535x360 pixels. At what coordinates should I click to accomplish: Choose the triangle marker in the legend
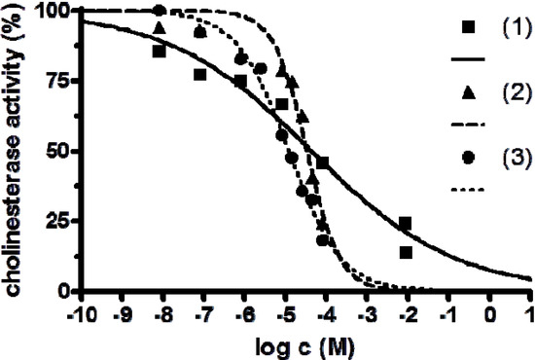pyautogui.click(x=468, y=92)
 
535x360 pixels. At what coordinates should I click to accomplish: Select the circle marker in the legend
pyautogui.click(x=468, y=157)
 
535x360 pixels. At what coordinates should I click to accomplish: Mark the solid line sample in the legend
pyautogui.click(x=468, y=60)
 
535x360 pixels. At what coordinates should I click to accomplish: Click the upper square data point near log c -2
pyautogui.click(x=405, y=224)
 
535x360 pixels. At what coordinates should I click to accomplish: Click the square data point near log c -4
pyautogui.click(x=322, y=162)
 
